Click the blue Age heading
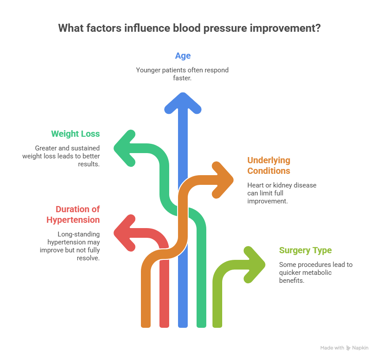183,56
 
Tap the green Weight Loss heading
76,134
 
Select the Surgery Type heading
305,251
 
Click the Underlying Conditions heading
269,165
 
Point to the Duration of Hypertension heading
73,214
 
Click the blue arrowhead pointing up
183,103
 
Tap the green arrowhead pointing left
125,148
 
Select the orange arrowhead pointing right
223,180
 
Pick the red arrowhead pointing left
125,233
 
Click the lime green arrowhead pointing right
254,265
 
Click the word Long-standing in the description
79,234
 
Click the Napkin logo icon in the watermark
348,348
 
